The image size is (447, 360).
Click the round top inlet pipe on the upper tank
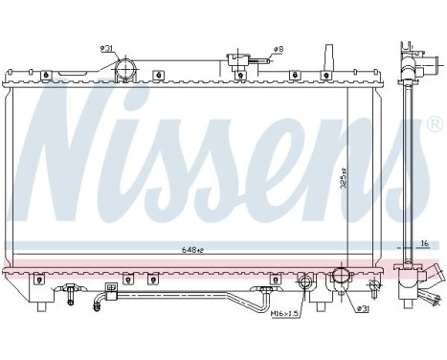tap(124, 69)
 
